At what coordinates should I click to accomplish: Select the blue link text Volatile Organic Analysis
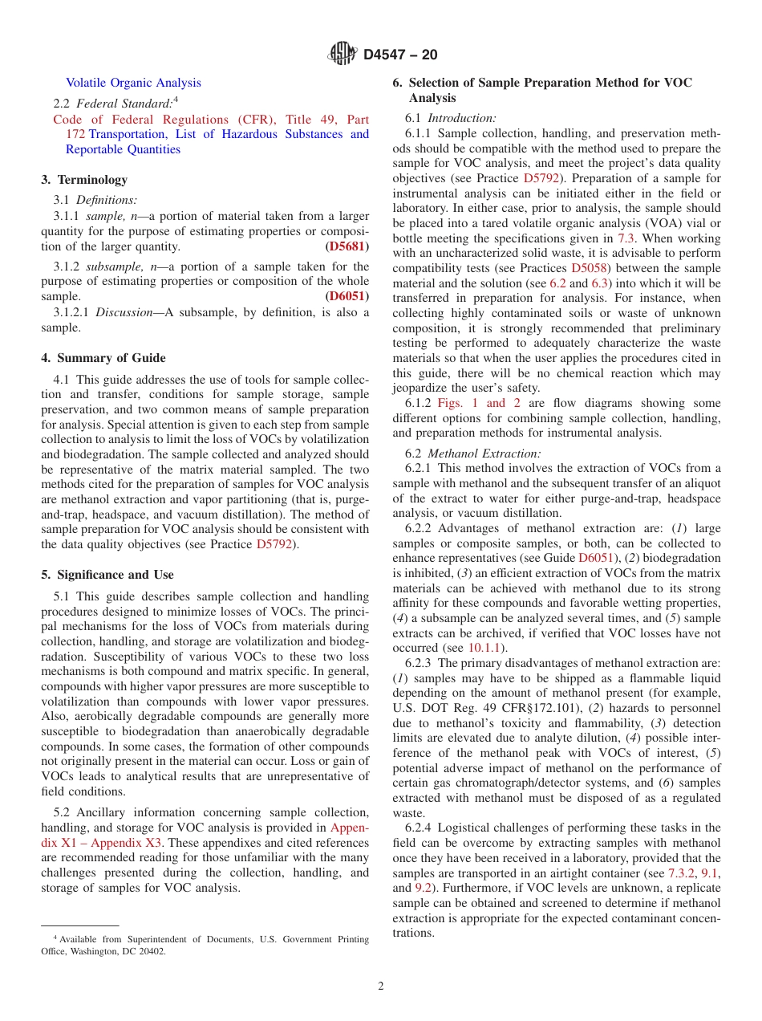pos(133,83)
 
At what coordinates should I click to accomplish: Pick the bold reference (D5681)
pos(347,246)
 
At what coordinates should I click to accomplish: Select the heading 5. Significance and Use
pos(107,575)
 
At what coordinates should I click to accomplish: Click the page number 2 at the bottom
pos(381,986)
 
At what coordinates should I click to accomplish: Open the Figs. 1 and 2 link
pos(479,404)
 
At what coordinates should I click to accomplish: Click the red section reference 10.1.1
pos(483,648)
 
